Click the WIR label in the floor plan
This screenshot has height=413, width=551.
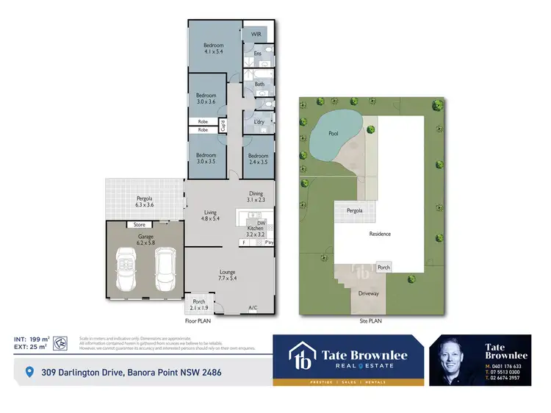(x=256, y=35)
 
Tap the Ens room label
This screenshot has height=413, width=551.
(x=257, y=54)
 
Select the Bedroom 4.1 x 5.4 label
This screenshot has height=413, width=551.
(x=213, y=49)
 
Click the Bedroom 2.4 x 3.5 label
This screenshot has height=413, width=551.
(x=258, y=159)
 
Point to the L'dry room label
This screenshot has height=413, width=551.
(x=259, y=122)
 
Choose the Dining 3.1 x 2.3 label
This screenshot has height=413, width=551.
(x=256, y=196)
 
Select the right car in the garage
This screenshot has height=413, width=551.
(x=165, y=268)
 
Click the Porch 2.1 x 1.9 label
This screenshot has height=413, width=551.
(x=198, y=305)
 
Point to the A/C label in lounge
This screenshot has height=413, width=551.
(x=253, y=307)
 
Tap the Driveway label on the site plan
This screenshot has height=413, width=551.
(x=368, y=293)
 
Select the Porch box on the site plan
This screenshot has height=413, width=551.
(x=383, y=267)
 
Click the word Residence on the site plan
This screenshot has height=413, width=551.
(x=379, y=234)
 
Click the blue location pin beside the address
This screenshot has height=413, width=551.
(x=29, y=373)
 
